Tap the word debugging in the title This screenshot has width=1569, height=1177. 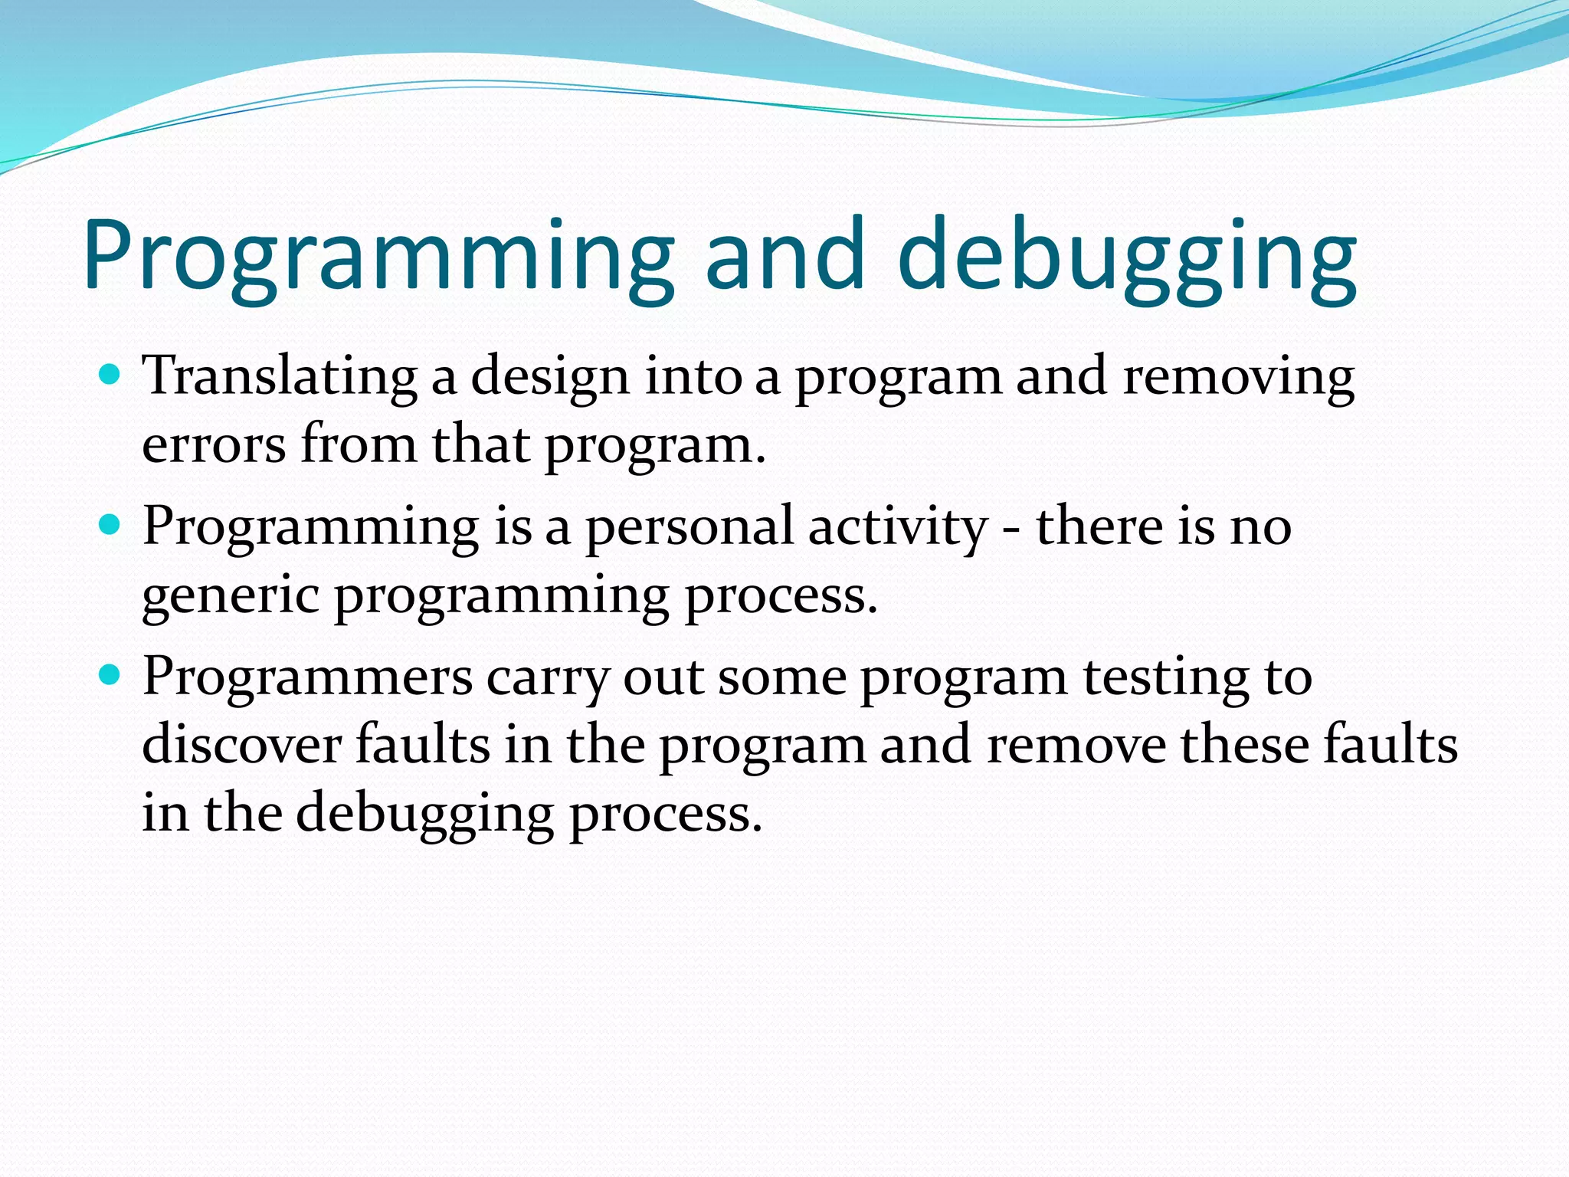(x=1126, y=257)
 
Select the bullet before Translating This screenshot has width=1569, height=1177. (x=111, y=375)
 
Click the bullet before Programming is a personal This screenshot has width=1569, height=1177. (x=111, y=526)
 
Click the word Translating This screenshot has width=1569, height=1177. (x=280, y=377)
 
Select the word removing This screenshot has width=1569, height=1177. (x=1238, y=377)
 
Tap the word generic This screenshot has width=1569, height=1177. (x=231, y=597)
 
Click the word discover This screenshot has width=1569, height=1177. (x=241, y=746)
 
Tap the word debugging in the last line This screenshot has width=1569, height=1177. (x=425, y=815)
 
